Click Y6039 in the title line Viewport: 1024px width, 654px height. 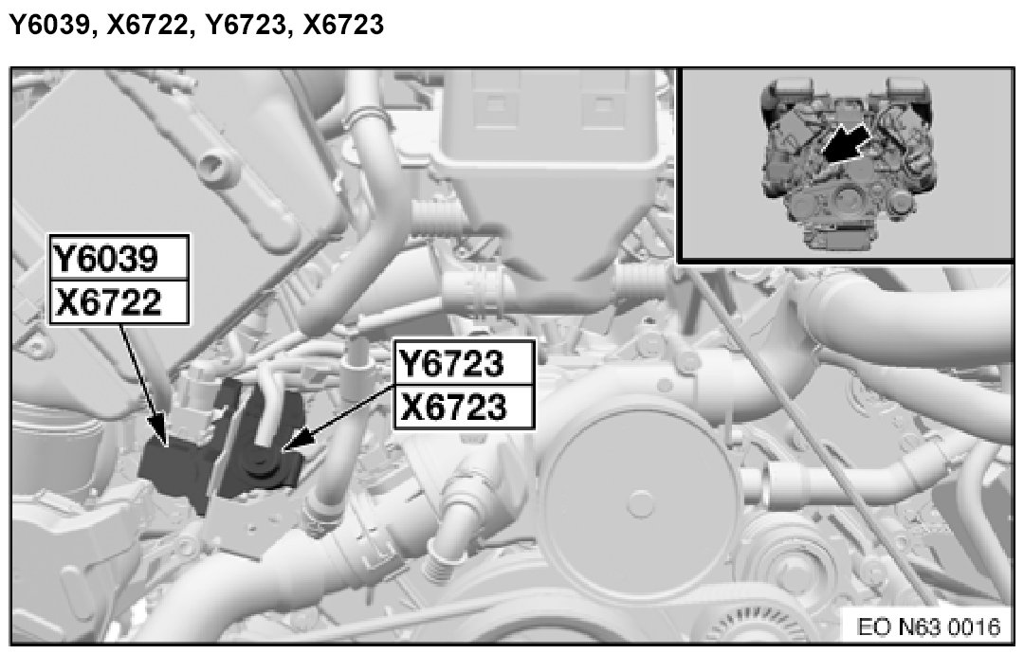[49, 25]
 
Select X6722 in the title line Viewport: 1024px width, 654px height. [148, 25]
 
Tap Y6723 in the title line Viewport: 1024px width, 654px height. [246, 25]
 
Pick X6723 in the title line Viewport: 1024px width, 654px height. [343, 25]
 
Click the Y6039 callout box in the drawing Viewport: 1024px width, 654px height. [119, 258]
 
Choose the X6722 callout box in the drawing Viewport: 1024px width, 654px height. [119, 303]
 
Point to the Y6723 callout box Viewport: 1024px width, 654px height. [465, 363]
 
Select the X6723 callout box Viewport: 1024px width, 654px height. [465, 408]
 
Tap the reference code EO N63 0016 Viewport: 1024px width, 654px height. [928, 627]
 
